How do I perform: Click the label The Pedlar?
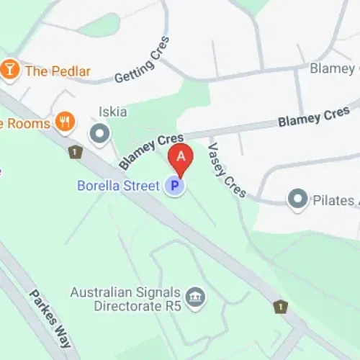coord(58,71)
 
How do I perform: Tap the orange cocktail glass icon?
coord(10,70)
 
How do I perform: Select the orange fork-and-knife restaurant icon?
coord(66,122)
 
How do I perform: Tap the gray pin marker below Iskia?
coord(99,133)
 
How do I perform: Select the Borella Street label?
coord(118,186)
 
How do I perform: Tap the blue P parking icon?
coord(174,186)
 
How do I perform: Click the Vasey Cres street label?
coord(227,170)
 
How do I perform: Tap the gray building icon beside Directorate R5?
coord(194,297)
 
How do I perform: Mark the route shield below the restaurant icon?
coord(74,152)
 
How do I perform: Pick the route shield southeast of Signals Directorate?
coord(280,307)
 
